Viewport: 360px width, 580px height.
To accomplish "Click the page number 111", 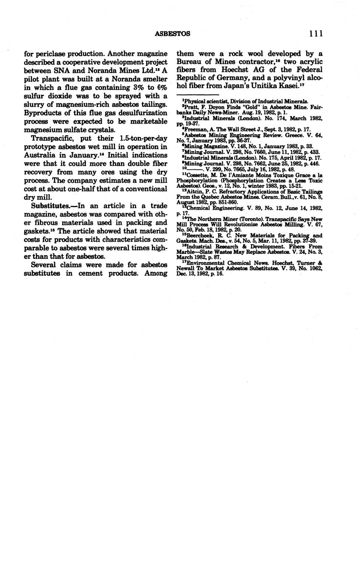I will coord(315,34).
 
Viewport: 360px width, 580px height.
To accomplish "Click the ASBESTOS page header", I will coord(172,34).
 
